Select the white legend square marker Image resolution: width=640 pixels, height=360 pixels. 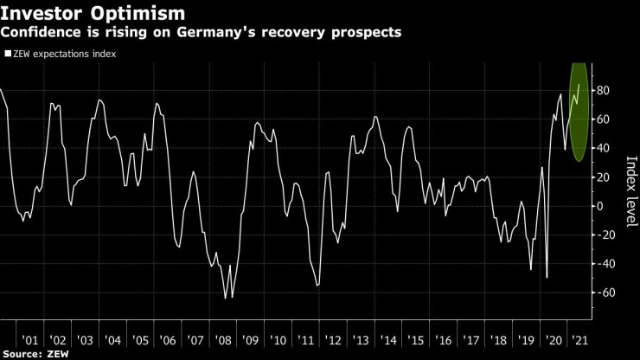(x=8, y=54)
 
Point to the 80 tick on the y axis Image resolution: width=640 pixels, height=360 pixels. (x=605, y=91)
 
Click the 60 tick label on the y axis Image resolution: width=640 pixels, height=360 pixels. (x=605, y=119)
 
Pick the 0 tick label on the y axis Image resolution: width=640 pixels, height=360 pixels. (x=601, y=206)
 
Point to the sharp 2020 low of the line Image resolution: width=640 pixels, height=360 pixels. (x=547, y=278)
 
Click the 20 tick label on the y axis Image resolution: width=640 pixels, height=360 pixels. (x=605, y=177)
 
